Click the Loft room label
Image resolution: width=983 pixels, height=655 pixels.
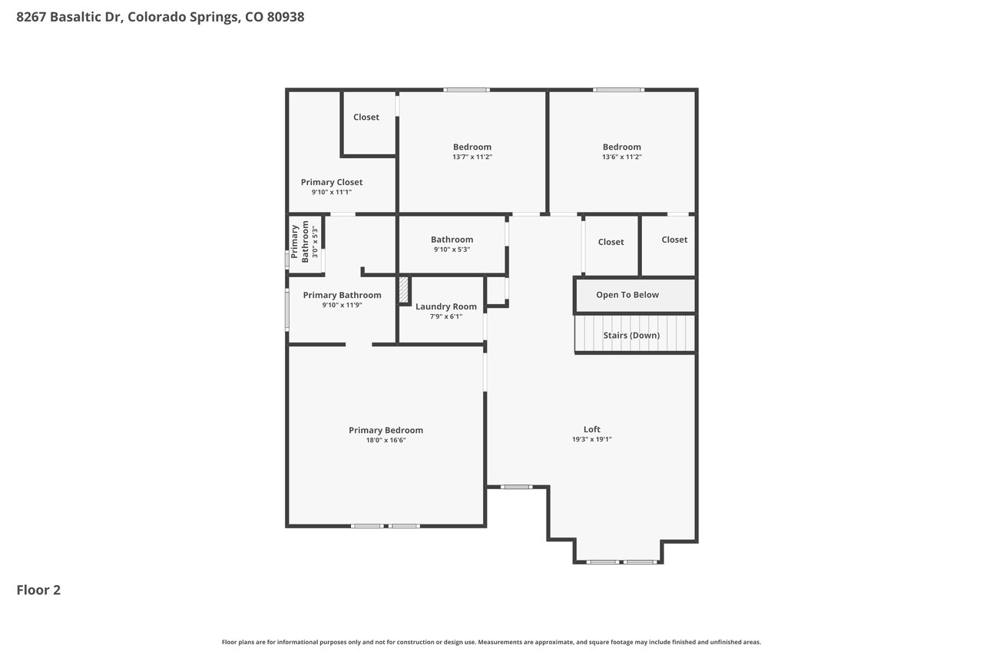pos(591,429)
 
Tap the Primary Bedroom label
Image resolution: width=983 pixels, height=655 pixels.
pos(386,430)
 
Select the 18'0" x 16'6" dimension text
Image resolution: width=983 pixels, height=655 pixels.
pos(386,440)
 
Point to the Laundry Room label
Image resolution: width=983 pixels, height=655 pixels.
pos(446,306)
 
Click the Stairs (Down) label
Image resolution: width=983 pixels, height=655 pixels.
pos(631,335)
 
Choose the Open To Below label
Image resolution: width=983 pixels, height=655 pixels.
pos(627,295)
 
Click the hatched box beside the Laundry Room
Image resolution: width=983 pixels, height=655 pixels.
pos(403,289)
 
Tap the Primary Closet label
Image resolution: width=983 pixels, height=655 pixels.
pos(331,182)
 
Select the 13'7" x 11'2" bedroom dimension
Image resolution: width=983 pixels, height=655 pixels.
pos(472,157)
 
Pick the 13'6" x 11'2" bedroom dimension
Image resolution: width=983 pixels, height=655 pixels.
pos(621,157)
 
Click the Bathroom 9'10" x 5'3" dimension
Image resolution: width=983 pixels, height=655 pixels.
pos(452,250)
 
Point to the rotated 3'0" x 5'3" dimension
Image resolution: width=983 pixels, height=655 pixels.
pos(314,242)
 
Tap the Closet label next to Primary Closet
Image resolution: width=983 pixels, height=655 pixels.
pos(366,117)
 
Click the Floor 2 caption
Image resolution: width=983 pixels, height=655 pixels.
pos(38,590)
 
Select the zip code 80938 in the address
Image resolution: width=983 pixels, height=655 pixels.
pos(286,17)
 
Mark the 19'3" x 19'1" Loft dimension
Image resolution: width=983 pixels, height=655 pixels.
pos(591,439)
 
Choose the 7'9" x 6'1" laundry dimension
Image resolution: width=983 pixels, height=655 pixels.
pos(446,316)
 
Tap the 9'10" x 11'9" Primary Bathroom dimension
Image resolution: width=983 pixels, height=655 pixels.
pos(342,305)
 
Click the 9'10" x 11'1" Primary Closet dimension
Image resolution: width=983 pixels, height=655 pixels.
pos(331,192)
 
